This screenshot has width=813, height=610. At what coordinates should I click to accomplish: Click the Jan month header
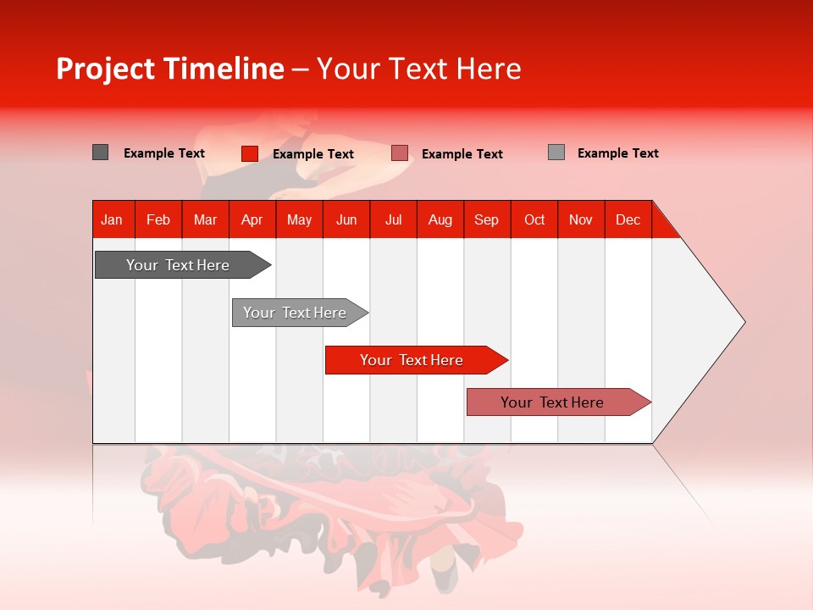pyautogui.click(x=112, y=219)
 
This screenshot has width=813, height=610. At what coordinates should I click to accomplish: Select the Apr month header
pyautogui.click(x=252, y=219)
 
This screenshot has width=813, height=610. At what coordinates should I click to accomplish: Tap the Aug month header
pyautogui.click(x=440, y=219)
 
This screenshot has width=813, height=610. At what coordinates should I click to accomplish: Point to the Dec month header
pyautogui.click(x=628, y=219)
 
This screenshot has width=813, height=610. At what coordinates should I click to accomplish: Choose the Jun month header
pyautogui.click(x=346, y=219)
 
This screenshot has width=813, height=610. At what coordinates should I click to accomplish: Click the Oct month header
pyautogui.click(x=534, y=219)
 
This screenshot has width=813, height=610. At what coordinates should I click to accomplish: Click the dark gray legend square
pyautogui.click(x=100, y=152)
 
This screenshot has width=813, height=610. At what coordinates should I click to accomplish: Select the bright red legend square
pyautogui.click(x=249, y=153)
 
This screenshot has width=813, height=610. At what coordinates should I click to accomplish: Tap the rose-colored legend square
pyautogui.click(x=400, y=153)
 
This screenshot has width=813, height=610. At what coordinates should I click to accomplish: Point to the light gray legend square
pyautogui.click(x=556, y=152)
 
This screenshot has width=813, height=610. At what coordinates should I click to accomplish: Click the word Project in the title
pyautogui.click(x=106, y=69)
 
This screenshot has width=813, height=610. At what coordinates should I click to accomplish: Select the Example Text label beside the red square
pyautogui.click(x=312, y=154)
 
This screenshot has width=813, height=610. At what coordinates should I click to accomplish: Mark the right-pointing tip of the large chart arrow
pyautogui.click(x=744, y=322)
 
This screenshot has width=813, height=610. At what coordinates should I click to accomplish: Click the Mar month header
pyautogui.click(x=205, y=219)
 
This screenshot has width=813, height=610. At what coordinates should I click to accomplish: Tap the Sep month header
pyautogui.click(x=486, y=219)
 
